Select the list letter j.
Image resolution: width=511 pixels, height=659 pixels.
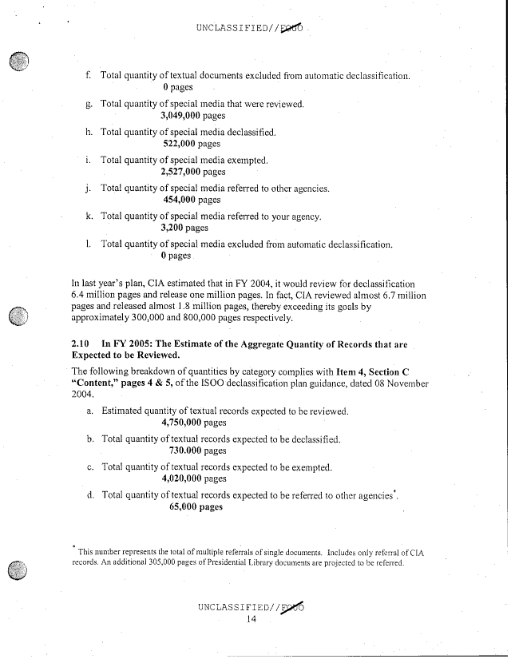(89, 189)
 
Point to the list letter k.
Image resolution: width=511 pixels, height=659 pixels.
(89, 216)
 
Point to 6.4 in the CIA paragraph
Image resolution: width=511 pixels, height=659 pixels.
(80, 294)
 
